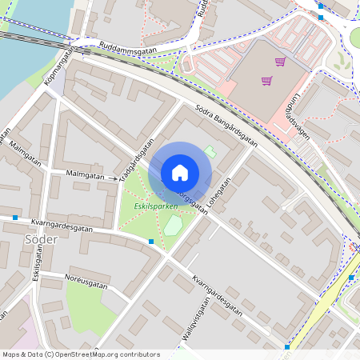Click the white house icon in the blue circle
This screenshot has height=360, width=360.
pos(180,173)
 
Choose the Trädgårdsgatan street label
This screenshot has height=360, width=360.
pos(136,161)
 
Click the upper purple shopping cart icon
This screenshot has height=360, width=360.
pos(280,62)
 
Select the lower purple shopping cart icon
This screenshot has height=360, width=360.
pos(266,80)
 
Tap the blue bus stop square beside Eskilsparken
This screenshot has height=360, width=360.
pos(151,241)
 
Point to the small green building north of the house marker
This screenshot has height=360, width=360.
pos(210,151)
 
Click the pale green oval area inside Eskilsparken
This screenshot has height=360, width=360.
pos(173,226)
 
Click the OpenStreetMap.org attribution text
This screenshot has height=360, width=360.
pos(80,354)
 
